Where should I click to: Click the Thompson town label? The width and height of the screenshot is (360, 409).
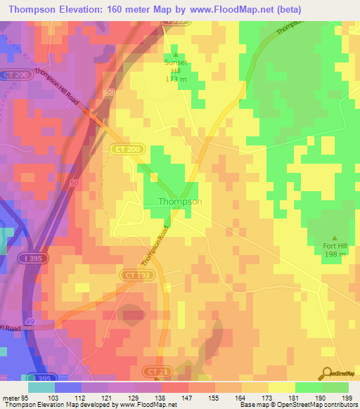click(x=180, y=202)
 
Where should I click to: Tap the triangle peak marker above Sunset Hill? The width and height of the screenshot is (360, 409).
click(x=176, y=54)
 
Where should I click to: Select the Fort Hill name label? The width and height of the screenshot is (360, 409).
click(x=334, y=246)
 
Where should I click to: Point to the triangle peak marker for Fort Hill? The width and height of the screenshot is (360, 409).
click(x=334, y=238)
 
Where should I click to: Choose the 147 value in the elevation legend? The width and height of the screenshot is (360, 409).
click(x=188, y=398)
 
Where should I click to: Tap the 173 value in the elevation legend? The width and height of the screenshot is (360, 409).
click(x=268, y=398)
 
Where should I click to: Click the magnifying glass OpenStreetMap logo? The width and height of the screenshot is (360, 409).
click(x=326, y=372)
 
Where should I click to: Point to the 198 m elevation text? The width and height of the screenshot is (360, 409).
click(x=334, y=254)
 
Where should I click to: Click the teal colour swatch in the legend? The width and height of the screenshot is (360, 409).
click(x=41, y=387)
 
